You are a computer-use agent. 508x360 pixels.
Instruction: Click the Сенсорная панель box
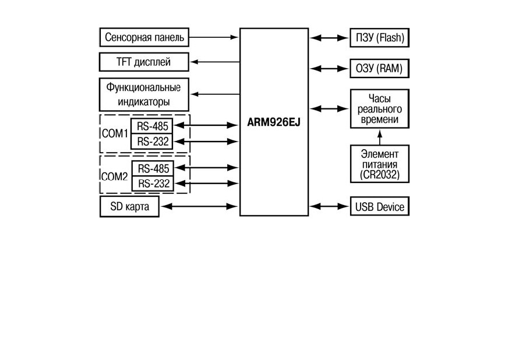tap(144, 37)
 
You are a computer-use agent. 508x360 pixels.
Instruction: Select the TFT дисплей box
tap(144, 62)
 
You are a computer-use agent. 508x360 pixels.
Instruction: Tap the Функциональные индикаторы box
tap(144, 94)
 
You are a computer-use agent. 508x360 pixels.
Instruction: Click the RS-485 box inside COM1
tap(151, 126)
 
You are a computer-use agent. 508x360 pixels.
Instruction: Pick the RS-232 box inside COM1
tap(151, 142)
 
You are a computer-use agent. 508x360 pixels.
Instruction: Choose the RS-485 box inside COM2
tap(153, 168)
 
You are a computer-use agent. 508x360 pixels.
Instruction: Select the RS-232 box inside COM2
tap(153, 183)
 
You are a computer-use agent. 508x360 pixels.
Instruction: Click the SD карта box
tap(129, 206)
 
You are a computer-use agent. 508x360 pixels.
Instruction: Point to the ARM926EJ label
tap(274, 122)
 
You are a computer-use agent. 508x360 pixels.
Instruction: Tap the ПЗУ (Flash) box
tap(380, 38)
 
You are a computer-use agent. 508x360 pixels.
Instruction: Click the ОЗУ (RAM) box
tap(380, 68)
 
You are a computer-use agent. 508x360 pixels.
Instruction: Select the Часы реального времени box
tap(380, 109)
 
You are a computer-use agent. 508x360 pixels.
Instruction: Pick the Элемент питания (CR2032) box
tap(380, 164)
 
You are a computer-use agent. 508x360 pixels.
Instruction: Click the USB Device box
tap(380, 206)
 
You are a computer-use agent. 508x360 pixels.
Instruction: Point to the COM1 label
tap(115, 133)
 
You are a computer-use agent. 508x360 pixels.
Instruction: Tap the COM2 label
tap(114, 177)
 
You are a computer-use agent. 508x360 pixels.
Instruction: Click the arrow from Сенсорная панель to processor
tap(214, 37)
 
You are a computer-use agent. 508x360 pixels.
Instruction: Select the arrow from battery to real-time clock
tap(380, 137)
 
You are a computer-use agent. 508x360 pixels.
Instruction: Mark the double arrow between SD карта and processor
tap(199, 206)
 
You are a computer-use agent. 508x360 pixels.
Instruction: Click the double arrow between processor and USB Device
tap(329, 206)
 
